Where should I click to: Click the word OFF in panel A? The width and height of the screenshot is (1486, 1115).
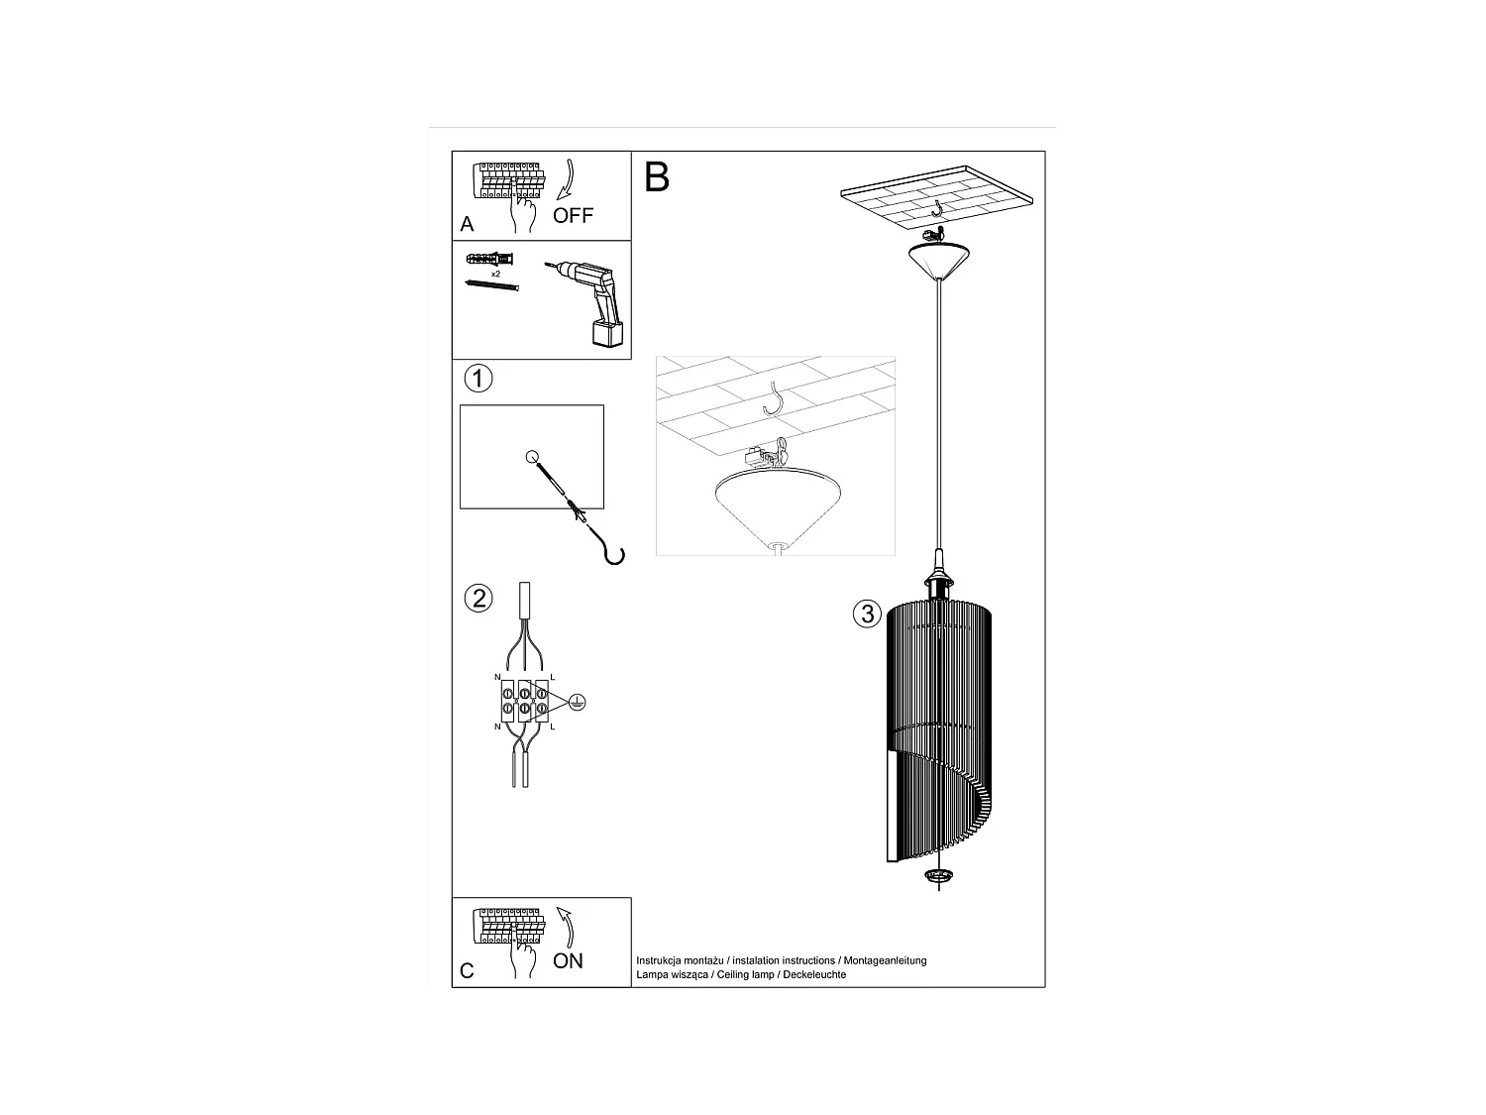point(573,215)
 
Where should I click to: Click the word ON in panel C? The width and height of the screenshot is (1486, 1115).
point(568,960)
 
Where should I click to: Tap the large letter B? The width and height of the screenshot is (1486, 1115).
point(657,176)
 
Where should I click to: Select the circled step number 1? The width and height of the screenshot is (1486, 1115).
point(478,378)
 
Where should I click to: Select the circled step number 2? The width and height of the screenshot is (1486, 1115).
point(478,599)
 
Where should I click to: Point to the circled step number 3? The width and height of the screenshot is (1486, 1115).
point(867,613)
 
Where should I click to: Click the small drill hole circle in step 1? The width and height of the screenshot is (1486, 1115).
point(532,457)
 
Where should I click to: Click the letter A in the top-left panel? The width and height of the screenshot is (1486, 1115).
point(468,225)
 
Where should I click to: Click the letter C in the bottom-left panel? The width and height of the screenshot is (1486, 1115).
point(468,971)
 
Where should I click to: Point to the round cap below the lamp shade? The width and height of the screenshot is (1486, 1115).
point(936,876)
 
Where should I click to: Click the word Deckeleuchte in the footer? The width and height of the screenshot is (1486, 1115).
point(815,974)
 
